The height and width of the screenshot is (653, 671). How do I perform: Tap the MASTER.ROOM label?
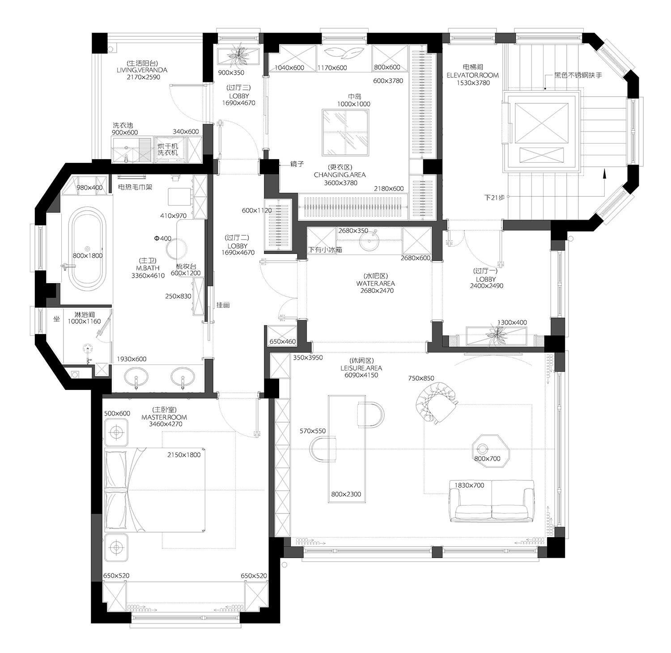(164, 417)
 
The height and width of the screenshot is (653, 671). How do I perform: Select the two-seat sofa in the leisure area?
(492, 500)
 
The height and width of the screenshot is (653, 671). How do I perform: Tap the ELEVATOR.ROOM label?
(472, 76)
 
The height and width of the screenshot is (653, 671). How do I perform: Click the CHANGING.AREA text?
(340, 175)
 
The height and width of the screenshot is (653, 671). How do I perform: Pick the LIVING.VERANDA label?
(142, 70)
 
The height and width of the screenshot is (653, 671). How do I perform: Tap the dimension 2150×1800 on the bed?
(184, 455)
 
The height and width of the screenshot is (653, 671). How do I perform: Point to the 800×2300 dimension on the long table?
(346, 494)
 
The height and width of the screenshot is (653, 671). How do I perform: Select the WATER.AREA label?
(375, 284)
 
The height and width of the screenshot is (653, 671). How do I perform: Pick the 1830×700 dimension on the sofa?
(469, 485)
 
